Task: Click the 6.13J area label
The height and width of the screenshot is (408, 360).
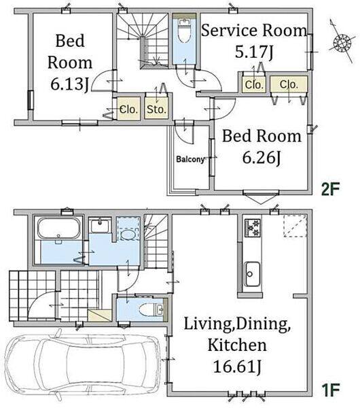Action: (x=70, y=84)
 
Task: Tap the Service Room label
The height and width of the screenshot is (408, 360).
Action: (x=254, y=30)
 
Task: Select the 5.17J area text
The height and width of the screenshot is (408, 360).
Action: (x=254, y=52)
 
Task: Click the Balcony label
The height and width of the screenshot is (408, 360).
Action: (x=190, y=159)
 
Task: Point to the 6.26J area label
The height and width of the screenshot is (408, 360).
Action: (x=262, y=158)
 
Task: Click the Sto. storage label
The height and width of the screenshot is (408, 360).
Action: (x=156, y=109)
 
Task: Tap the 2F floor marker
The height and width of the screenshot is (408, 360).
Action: (x=330, y=189)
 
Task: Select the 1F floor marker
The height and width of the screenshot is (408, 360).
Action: (x=331, y=390)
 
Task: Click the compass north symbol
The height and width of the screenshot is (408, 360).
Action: (x=342, y=41)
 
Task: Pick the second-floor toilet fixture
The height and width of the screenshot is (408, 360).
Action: (x=184, y=30)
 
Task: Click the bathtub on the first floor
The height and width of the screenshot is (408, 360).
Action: (x=59, y=228)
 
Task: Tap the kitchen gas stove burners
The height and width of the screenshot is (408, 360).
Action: (x=252, y=228)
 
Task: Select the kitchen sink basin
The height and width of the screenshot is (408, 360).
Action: (x=252, y=274)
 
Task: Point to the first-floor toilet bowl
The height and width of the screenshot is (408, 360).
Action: (x=147, y=309)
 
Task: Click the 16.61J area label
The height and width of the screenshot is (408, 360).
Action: (x=237, y=367)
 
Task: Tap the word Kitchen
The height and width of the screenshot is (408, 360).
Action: (x=237, y=345)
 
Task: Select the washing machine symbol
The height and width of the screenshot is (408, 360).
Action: (x=128, y=228)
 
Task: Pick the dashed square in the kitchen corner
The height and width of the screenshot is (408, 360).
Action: (x=294, y=226)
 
